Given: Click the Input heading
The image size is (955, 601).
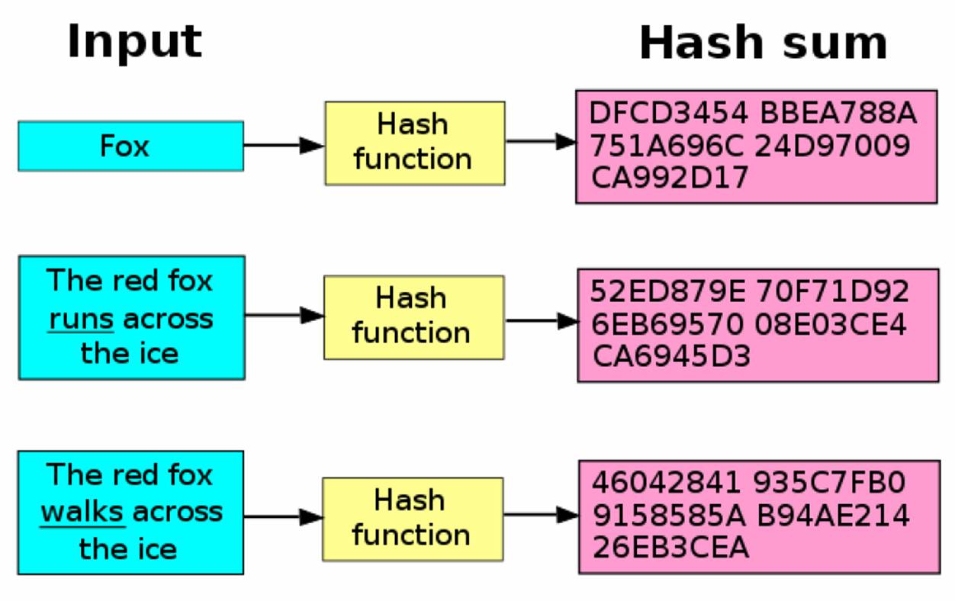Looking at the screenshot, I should click(x=134, y=41).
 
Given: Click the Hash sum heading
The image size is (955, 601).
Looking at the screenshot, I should click(x=763, y=43).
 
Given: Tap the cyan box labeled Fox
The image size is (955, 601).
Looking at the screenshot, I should click(x=130, y=145).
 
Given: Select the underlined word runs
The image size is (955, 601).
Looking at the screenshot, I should click(x=81, y=319).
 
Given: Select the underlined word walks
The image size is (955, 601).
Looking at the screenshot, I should click(x=82, y=512).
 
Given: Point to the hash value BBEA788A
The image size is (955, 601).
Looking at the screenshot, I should click(x=838, y=114).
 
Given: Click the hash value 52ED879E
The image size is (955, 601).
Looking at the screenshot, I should click(x=670, y=292).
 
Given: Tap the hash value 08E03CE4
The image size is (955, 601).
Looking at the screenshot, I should click(x=831, y=325).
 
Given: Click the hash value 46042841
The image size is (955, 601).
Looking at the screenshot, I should click(x=667, y=483).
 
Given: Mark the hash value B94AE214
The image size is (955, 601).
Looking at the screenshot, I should click(x=833, y=516).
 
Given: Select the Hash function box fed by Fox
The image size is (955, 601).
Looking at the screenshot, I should click(x=414, y=143).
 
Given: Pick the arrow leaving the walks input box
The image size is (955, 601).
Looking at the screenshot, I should click(x=282, y=517).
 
